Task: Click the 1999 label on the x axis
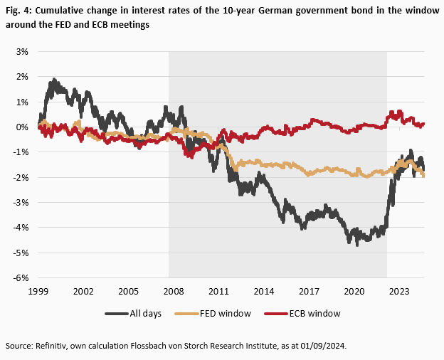tap(38, 292)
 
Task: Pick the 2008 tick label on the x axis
tap(173, 292)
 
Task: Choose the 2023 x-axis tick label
tap(399, 292)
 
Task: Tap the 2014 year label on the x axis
tap(263, 292)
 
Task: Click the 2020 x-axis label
tap(354, 292)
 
